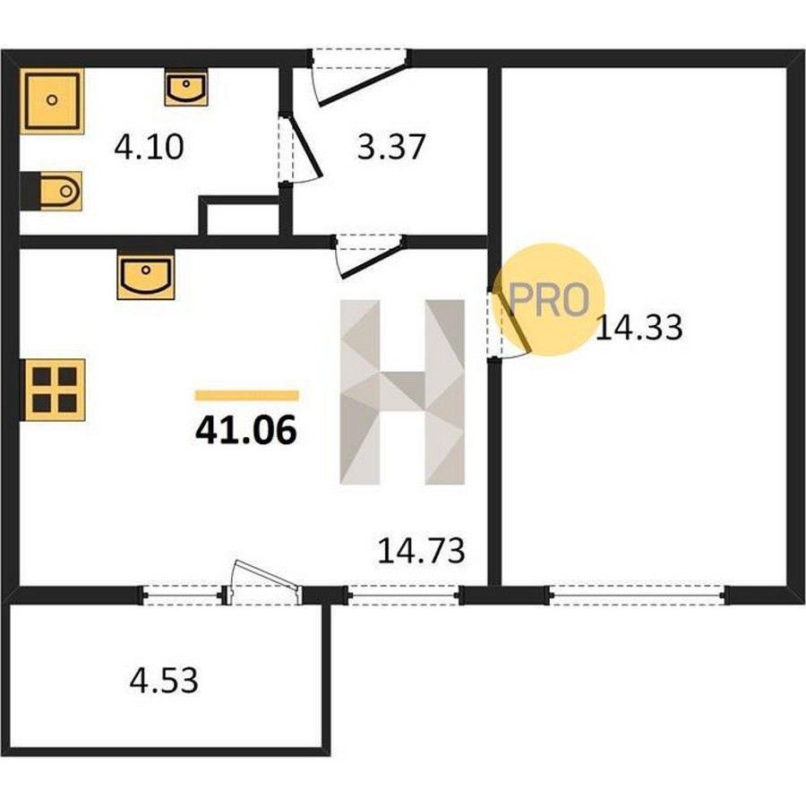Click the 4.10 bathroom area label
(x=149, y=147)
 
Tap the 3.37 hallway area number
(x=391, y=147)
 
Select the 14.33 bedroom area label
(x=639, y=328)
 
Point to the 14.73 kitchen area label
(x=421, y=550)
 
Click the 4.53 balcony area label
(x=164, y=680)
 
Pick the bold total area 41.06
(x=246, y=430)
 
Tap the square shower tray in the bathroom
(x=52, y=100)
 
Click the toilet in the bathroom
(x=51, y=192)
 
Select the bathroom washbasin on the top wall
(x=186, y=88)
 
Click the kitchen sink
(x=146, y=274)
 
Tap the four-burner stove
(x=53, y=390)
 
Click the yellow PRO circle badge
(x=548, y=299)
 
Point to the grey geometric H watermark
(x=402, y=392)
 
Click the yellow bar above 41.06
(x=247, y=395)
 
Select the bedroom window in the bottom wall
(x=638, y=596)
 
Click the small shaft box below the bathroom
(x=240, y=216)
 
